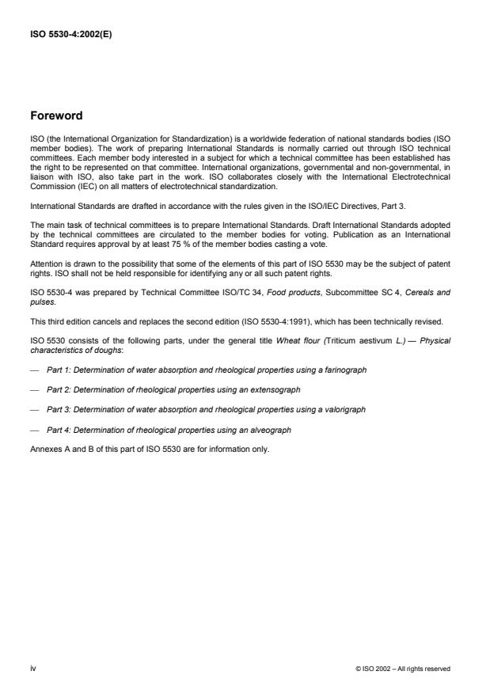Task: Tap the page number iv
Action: [x=32, y=668]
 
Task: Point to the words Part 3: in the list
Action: [x=58, y=410]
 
